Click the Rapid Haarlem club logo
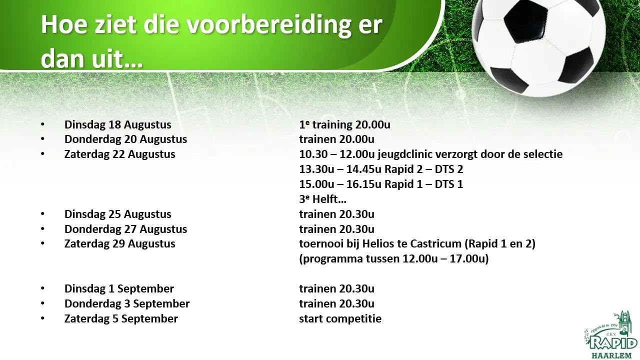[x=611, y=335]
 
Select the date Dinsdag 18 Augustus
[x=117, y=124]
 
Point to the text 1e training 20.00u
[x=344, y=124]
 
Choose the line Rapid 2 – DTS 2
[x=423, y=169]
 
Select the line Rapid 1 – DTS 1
[x=423, y=184]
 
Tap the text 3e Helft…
[x=323, y=199]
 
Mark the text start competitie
[x=340, y=319]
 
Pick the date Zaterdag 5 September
[x=121, y=319]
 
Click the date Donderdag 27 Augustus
[x=125, y=229]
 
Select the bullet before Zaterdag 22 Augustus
[x=43, y=154]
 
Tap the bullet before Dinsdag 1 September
[x=43, y=288]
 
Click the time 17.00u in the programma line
[x=467, y=259]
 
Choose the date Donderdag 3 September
[x=127, y=303]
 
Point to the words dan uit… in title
[x=91, y=59]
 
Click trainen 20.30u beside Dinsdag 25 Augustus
[x=336, y=214]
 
